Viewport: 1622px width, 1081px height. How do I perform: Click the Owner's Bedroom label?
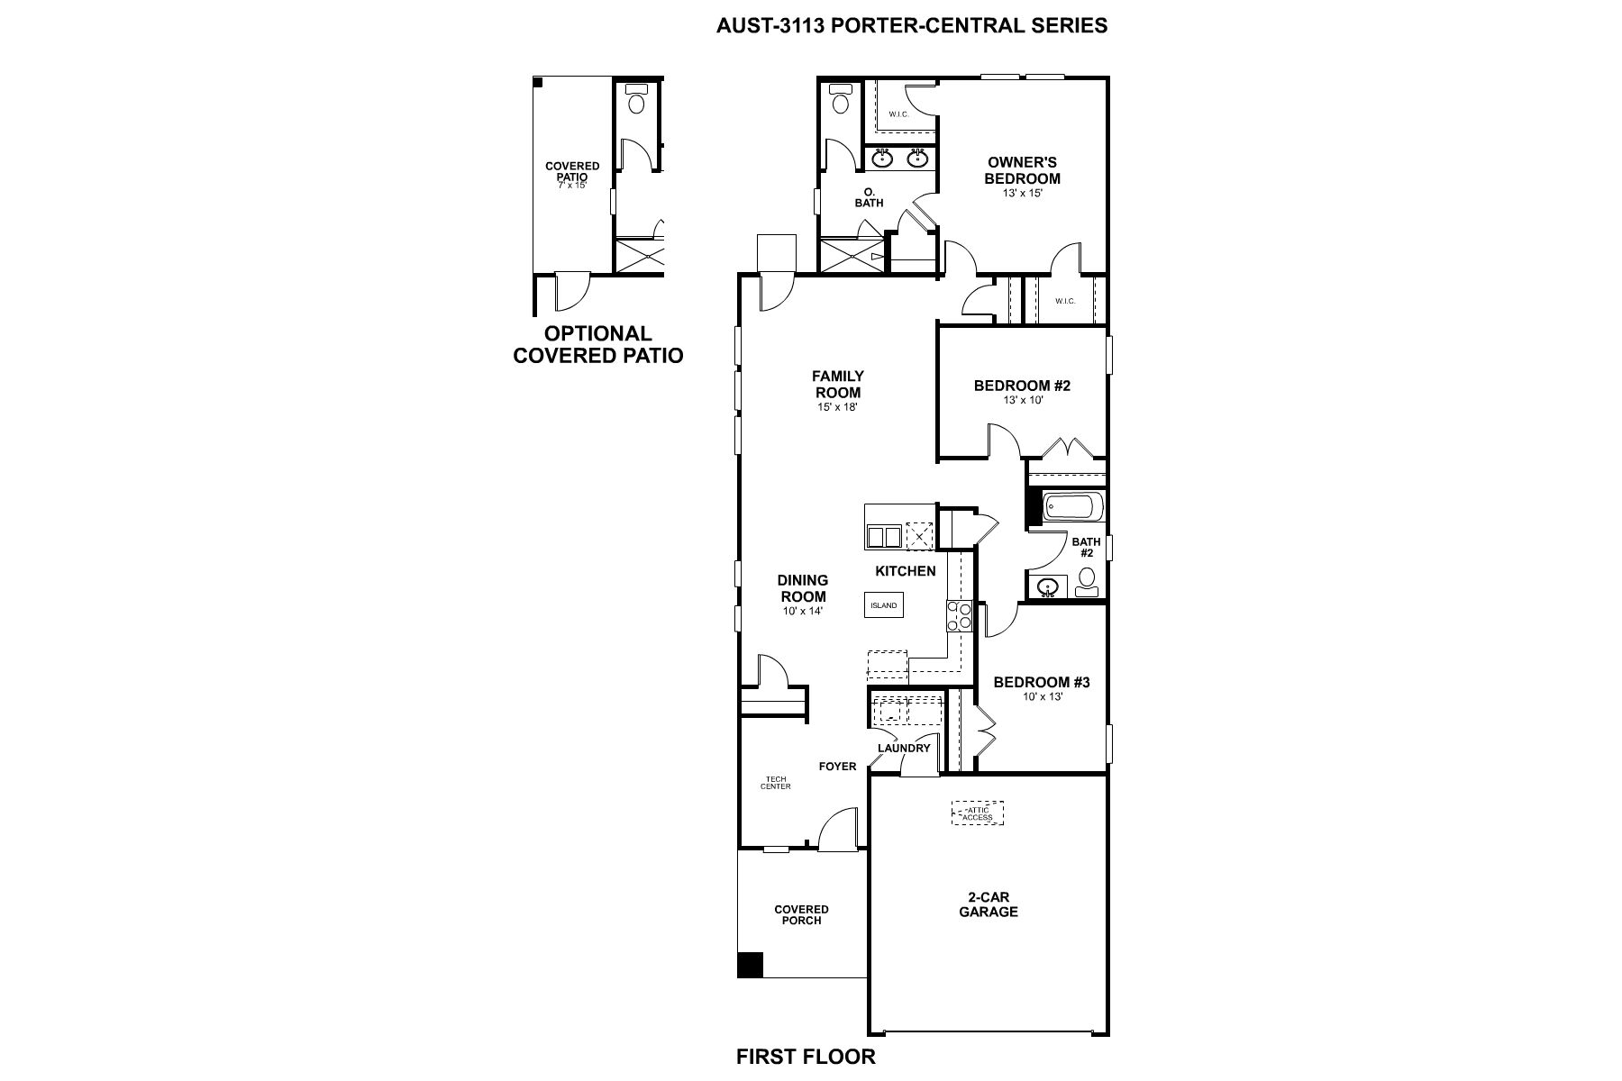(x=1022, y=170)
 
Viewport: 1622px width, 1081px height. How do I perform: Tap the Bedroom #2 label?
(x=1022, y=386)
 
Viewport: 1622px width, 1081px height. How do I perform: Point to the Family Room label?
(x=838, y=384)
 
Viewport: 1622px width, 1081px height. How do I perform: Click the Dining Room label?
(x=802, y=588)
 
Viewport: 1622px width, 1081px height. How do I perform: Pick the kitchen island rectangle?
(x=884, y=605)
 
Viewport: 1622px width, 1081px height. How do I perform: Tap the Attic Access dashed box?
(x=978, y=813)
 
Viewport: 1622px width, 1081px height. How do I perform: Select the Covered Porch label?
(x=801, y=914)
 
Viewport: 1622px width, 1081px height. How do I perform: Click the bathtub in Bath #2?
(x=1072, y=506)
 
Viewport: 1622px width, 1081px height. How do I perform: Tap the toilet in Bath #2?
(x=1087, y=582)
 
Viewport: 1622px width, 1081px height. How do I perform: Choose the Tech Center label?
(x=776, y=783)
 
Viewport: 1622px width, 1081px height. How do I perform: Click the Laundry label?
(x=904, y=748)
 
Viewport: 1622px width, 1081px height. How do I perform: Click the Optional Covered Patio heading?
(x=598, y=345)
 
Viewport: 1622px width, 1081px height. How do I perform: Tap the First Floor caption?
(x=806, y=1057)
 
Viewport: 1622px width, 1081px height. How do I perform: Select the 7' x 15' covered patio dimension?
(x=572, y=186)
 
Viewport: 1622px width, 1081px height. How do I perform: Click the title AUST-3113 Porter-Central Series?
(x=911, y=25)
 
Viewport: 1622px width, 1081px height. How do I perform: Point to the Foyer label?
(x=837, y=767)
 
